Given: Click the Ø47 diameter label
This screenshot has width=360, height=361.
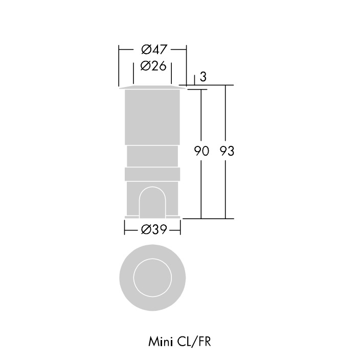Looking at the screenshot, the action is (x=154, y=50).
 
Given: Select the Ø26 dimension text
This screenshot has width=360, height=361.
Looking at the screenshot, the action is (x=153, y=66).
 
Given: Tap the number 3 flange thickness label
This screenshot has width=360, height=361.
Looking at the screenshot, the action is (x=203, y=77).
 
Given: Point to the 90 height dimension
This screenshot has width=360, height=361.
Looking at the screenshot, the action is (x=201, y=151).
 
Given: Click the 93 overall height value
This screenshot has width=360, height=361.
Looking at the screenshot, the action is (x=227, y=151).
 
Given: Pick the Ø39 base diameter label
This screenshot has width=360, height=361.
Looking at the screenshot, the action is (x=153, y=229).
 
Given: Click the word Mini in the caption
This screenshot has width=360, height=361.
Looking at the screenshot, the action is (x=160, y=342).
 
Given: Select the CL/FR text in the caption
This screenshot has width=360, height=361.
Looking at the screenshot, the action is (x=194, y=342).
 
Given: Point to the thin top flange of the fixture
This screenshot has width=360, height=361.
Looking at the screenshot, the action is (x=152, y=88).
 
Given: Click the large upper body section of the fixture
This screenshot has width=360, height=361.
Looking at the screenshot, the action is (x=152, y=117).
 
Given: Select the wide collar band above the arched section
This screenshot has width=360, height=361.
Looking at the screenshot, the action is (x=152, y=174).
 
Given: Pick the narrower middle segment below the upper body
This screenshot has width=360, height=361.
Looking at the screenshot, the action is (x=152, y=156).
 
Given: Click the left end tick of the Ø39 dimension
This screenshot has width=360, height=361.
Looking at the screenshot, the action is (x=124, y=227).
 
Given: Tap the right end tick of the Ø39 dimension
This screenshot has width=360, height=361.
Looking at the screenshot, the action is (x=180, y=227).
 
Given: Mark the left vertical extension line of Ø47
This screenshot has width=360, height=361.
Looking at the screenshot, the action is (x=119, y=66).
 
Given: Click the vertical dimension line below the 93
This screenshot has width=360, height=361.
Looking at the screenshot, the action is (x=226, y=189).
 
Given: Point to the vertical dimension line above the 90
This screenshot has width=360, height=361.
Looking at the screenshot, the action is (x=201, y=115).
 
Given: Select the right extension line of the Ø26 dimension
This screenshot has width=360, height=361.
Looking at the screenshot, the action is (x=171, y=73).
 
